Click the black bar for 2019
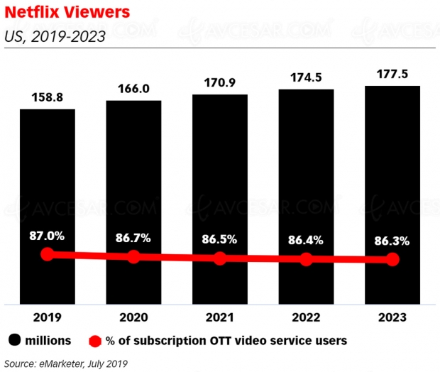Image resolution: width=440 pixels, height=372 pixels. (47, 177)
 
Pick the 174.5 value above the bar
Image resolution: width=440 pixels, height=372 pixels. (306, 75)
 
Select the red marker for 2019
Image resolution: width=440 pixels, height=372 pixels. (47, 254)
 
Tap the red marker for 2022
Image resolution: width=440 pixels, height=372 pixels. (306, 259)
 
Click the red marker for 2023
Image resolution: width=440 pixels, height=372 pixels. (392, 260)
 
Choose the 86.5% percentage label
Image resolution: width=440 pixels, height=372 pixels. (220, 239)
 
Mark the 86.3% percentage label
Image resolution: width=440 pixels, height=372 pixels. (392, 241)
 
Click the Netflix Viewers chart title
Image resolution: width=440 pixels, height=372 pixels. (62, 13)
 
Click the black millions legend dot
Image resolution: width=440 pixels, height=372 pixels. (14, 341)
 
